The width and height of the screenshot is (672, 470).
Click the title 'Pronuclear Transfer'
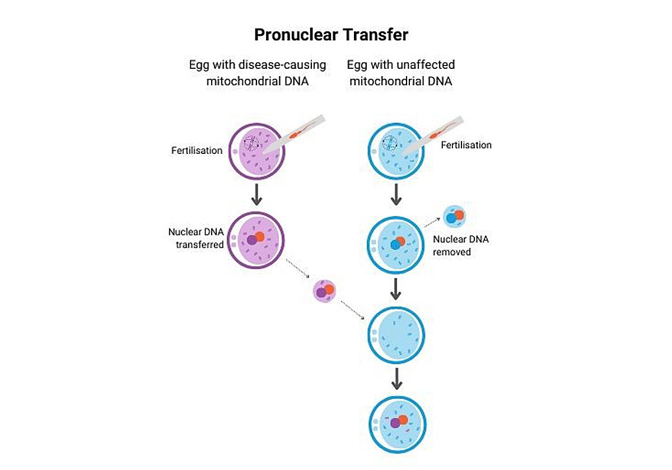tap(331, 35)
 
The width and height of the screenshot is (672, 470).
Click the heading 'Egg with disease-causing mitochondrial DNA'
tap(258, 72)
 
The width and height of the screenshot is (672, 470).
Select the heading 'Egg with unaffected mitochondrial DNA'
tap(400, 72)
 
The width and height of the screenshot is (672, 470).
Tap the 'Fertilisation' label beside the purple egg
tap(197, 151)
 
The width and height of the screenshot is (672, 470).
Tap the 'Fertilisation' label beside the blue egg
tap(466, 145)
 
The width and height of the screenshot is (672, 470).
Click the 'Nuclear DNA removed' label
tap(461, 246)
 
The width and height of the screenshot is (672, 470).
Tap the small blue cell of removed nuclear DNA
tap(454, 217)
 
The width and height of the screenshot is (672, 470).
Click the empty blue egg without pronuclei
tap(396, 335)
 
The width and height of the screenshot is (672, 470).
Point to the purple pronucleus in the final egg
tap(395, 424)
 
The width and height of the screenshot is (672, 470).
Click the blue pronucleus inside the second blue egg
tap(395, 245)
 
